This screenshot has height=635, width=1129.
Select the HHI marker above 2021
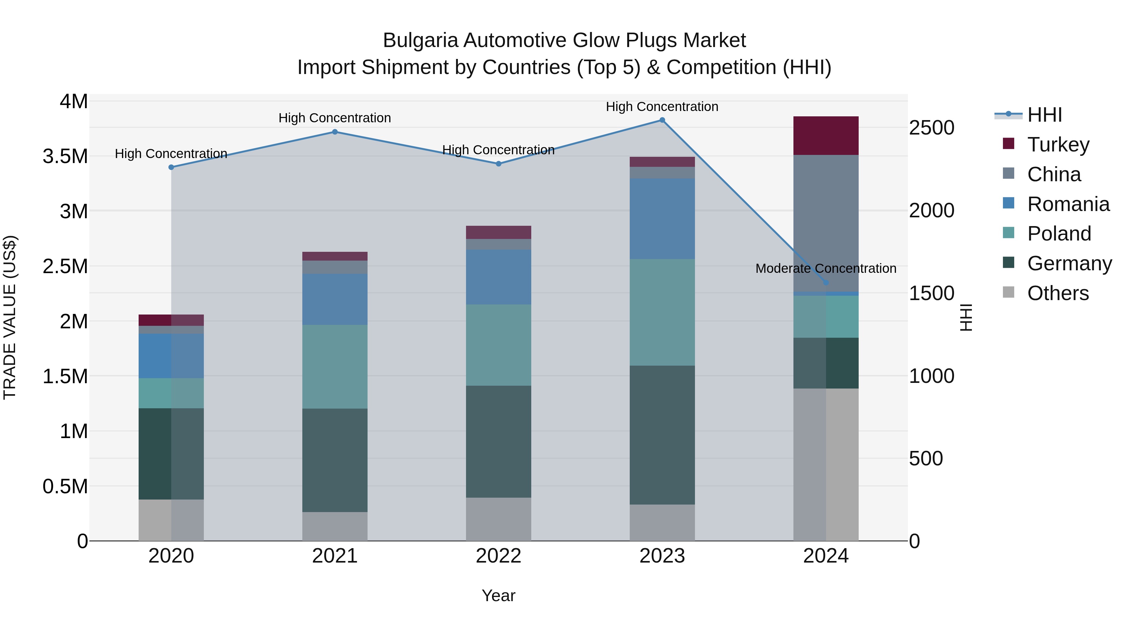click(x=335, y=132)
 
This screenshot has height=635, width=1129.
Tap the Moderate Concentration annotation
click(x=826, y=268)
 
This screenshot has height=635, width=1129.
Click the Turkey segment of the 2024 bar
click(x=826, y=135)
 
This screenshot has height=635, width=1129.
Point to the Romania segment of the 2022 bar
click(x=498, y=277)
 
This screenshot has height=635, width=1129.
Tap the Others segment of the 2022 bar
click(x=498, y=519)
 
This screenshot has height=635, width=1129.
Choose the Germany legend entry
click(x=1069, y=263)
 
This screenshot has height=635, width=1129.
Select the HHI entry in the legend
click(x=1044, y=115)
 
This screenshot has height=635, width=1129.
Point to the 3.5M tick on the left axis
click(x=65, y=156)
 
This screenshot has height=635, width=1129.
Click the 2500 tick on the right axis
click(x=931, y=128)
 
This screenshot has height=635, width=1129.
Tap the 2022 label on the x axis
click(x=498, y=556)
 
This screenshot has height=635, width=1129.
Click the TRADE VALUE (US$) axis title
click(x=10, y=317)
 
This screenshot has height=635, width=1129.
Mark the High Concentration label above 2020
click(x=171, y=154)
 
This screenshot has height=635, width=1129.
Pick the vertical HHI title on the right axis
click(x=966, y=317)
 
